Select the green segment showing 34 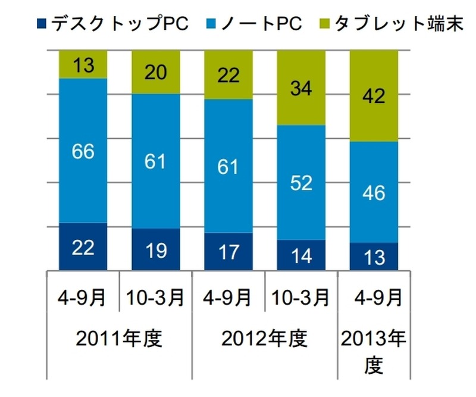point(301,88)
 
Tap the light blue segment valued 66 point(83,151)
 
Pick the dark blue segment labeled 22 point(83,246)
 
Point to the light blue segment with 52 point(301,182)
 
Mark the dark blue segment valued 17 point(228,251)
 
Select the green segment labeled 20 point(155,72)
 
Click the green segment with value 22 point(228,75)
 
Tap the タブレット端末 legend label point(398,24)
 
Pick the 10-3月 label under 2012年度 point(301,296)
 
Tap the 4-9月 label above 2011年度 point(83,296)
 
